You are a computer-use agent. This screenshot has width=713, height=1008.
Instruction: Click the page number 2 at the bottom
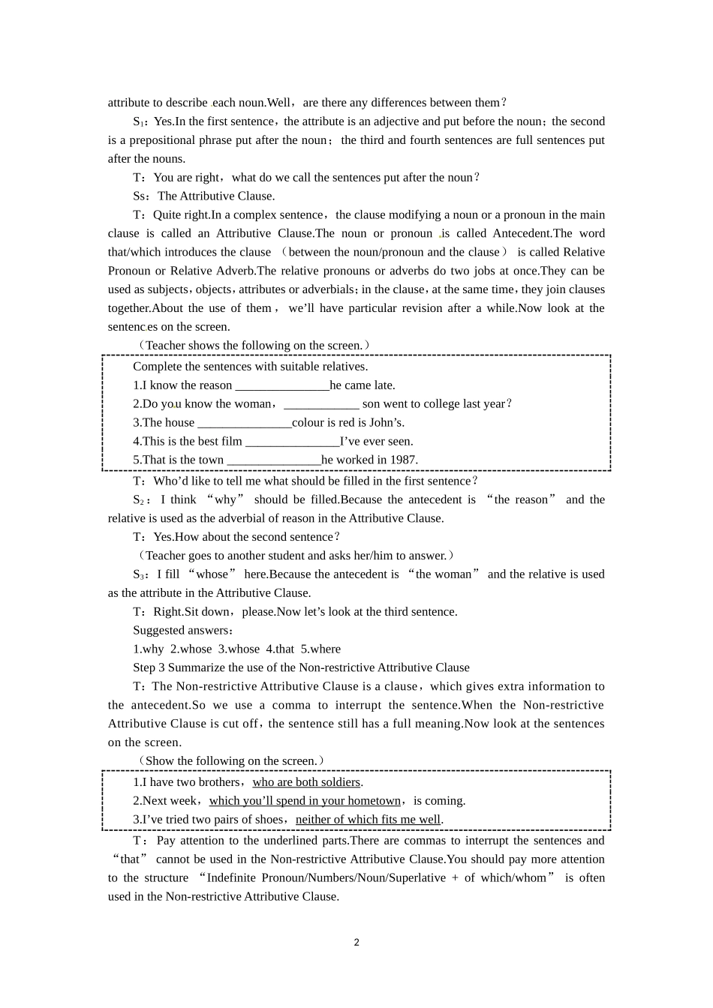click(x=356, y=943)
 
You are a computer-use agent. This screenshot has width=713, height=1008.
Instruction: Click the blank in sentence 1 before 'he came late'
click(x=282, y=385)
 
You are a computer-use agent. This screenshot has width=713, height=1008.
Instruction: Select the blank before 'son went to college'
click(x=321, y=404)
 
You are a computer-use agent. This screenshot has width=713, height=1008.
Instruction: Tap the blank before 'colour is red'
click(x=244, y=423)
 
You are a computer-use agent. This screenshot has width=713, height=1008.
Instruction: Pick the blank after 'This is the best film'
click(x=292, y=442)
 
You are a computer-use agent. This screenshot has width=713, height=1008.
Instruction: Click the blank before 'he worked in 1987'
click(x=273, y=460)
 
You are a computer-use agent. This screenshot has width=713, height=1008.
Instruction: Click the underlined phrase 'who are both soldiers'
click(x=306, y=782)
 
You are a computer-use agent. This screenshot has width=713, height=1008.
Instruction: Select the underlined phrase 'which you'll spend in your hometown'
click(x=305, y=801)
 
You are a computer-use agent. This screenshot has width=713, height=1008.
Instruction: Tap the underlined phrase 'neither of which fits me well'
click(x=368, y=820)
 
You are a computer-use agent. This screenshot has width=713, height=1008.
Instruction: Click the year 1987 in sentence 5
click(x=402, y=460)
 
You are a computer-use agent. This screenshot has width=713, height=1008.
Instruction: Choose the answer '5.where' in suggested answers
click(x=320, y=649)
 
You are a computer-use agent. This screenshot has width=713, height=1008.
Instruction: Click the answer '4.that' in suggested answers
click(x=280, y=649)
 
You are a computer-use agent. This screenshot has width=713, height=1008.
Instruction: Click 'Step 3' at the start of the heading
click(x=149, y=668)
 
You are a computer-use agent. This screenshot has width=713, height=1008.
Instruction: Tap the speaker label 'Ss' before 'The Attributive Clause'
click(x=140, y=196)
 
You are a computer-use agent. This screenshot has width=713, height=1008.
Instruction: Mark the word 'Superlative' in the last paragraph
click(x=417, y=878)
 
